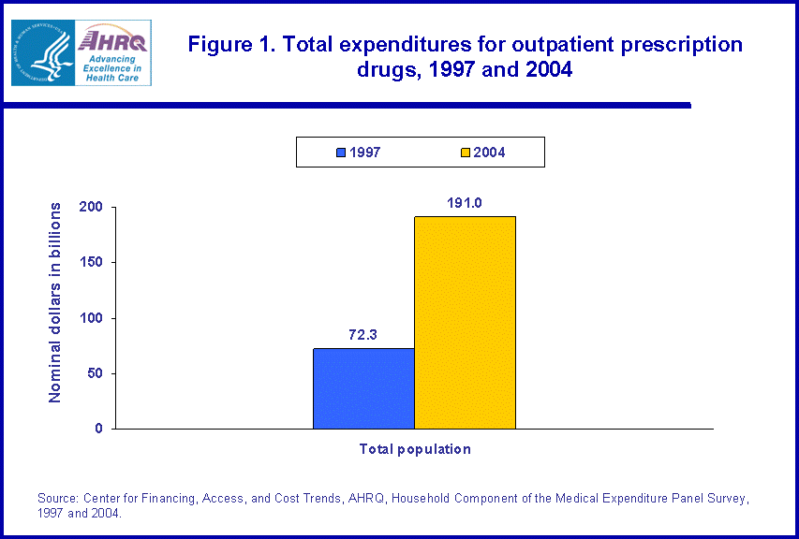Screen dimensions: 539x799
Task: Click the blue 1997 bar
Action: pyautogui.click(x=363, y=388)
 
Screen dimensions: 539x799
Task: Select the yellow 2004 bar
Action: pyautogui.click(x=465, y=323)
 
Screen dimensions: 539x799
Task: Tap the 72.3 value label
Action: pyautogui.click(x=363, y=335)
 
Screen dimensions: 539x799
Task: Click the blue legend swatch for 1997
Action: pyautogui.click(x=341, y=153)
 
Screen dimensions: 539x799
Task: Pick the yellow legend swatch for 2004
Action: pyautogui.click(x=465, y=153)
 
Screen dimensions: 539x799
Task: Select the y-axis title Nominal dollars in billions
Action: pyautogui.click(x=55, y=302)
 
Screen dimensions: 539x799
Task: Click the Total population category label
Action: pyautogui.click(x=415, y=449)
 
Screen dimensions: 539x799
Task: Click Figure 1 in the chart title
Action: pyautogui.click(x=226, y=44)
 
